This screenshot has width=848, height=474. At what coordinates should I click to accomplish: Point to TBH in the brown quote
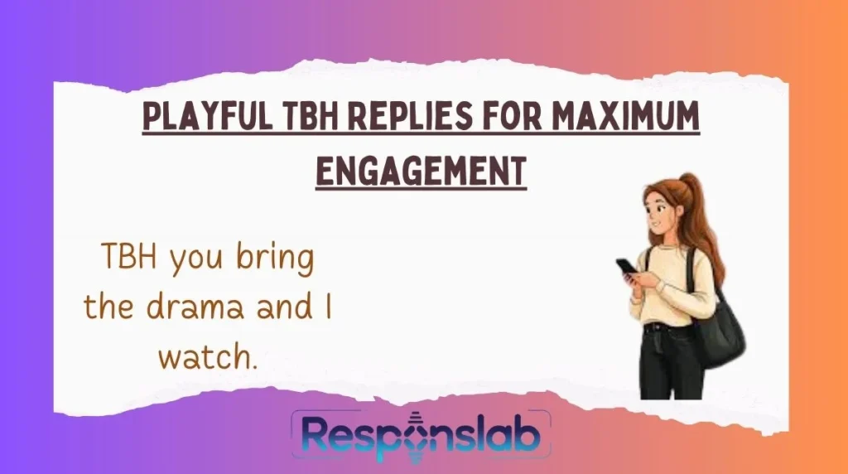click(129, 259)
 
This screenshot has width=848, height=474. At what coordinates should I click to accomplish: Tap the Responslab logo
click(421, 440)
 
